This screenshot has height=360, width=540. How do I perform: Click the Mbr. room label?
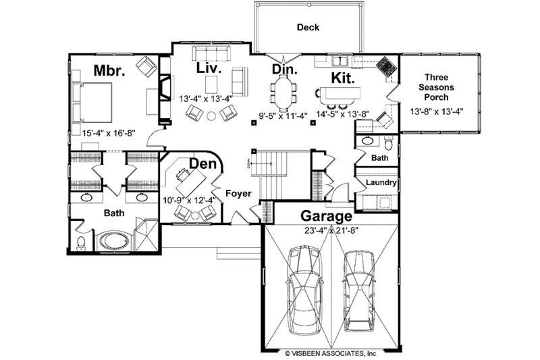click(x=108, y=70)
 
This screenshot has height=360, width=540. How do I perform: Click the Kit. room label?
click(x=342, y=77)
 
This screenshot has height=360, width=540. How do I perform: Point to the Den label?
click(x=202, y=164)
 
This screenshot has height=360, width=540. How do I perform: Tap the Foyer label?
click(x=238, y=194)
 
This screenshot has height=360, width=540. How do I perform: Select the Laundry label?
click(x=381, y=183)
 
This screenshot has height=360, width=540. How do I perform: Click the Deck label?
click(x=308, y=28)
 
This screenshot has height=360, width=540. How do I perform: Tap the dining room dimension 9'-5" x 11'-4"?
click(x=284, y=114)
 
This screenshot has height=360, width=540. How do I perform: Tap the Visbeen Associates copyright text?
click(x=331, y=353)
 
